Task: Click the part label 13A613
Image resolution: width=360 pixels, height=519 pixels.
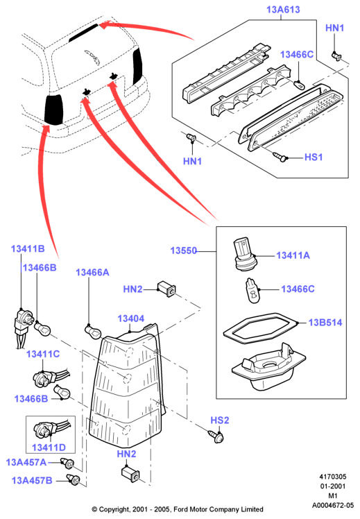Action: (283, 10)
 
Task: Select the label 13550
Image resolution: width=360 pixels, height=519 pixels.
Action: (184, 250)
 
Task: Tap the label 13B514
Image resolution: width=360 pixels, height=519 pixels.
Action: (325, 323)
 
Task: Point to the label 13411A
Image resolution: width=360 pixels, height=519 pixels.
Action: (293, 255)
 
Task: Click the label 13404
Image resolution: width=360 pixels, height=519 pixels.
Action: (131, 318)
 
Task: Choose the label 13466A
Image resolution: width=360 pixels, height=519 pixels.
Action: (92, 273)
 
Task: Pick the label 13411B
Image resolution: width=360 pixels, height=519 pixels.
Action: (28, 248)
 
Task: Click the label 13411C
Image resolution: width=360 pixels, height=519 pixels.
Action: (43, 354)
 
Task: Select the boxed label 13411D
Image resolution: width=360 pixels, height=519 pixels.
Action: (49, 448)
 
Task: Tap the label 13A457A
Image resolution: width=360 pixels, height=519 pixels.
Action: (26, 462)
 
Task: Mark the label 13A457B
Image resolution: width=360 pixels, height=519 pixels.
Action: (32, 480)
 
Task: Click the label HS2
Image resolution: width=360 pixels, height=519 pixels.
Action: (220, 420)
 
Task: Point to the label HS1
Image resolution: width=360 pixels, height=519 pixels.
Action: (314, 157)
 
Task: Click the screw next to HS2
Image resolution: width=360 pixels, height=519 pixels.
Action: (216, 436)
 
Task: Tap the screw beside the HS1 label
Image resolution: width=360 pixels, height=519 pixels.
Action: (280, 156)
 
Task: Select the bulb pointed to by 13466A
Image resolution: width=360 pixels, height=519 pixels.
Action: (93, 332)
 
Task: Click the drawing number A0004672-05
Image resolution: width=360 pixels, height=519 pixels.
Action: (333, 505)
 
